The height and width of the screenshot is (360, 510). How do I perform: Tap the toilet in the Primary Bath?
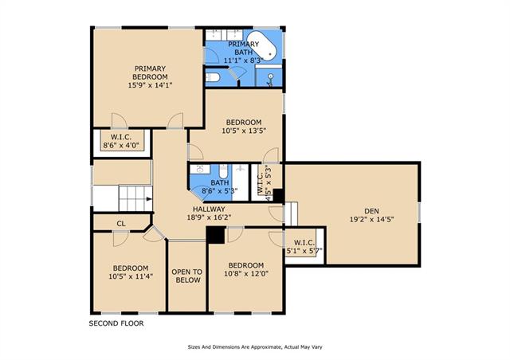pyautogui.click(x=213, y=77)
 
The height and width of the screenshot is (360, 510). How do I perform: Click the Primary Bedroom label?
pyautogui.click(x=150, y=72)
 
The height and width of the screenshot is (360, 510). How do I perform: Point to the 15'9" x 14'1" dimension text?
pyautogui.click(x=150, y=85)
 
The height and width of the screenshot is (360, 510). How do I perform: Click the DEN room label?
pyautogui.click(x=372, y=211)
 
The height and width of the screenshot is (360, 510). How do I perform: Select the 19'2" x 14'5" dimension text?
pyautogui.click(x=372, y=220)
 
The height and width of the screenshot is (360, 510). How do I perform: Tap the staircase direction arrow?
pyautogui.click(x=149, y=199)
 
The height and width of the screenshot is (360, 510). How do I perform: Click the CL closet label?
pyautogui.click(x=121, y=224)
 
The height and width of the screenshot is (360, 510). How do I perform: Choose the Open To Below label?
pyautogui.click(x=186, y=276)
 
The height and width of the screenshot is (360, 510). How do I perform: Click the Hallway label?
pyautogui.click(x=209, y=209)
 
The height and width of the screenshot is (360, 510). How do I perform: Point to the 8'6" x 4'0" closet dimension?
pyautogui.click(x=124, y=146)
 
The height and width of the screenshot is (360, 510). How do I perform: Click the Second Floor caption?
pyautogui.click(x=116, y=323)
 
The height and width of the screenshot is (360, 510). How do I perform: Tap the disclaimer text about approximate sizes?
pyautogui.click(x=255, y=347)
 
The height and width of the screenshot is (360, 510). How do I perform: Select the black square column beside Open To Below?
pyautogui.click(x=216, y=235)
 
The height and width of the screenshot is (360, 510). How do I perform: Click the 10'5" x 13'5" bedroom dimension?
pyautogui.click(x=244, y=131)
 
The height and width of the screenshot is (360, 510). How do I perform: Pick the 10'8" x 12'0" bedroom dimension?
pyautogui.click(x=246, y=274)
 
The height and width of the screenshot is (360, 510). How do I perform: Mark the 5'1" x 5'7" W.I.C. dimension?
pyautogui.click(x=304, y=251)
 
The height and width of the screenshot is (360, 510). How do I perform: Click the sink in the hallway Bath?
pyautogui.click(x=199, y=169)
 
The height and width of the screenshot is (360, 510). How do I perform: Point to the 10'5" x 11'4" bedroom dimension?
pyautogui.click(x=131, y=276)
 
